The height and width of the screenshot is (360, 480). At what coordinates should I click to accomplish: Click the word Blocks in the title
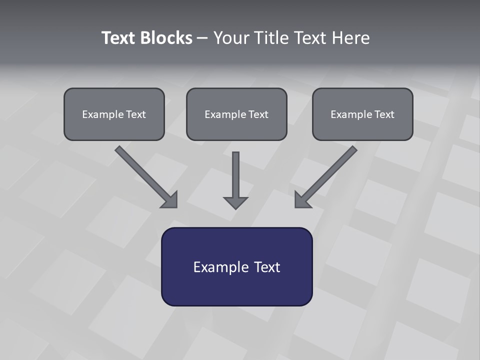coord(166,38)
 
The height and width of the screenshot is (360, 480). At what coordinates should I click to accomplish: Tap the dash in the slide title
coord(202,38)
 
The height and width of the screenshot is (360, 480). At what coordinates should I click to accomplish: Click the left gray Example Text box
coord(114,114)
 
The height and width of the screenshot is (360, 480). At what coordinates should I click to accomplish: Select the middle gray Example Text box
coord(236,114)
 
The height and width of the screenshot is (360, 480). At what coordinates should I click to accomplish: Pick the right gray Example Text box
coord(362,114)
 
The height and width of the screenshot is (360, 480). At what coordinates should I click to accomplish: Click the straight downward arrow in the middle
coord(236,175)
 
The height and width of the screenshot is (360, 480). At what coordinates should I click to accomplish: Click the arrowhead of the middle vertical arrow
coord(236,202)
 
